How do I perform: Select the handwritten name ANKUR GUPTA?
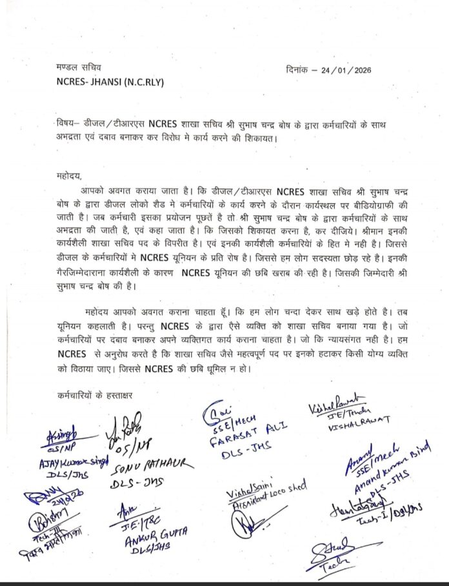151,538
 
